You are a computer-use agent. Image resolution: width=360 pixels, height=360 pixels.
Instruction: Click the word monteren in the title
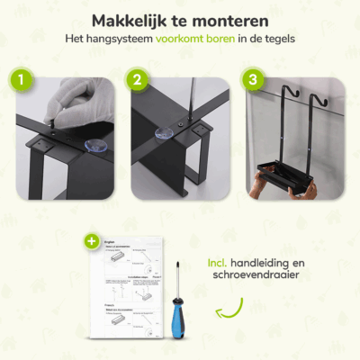233,20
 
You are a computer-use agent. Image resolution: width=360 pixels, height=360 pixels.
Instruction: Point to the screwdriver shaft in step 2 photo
167,99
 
